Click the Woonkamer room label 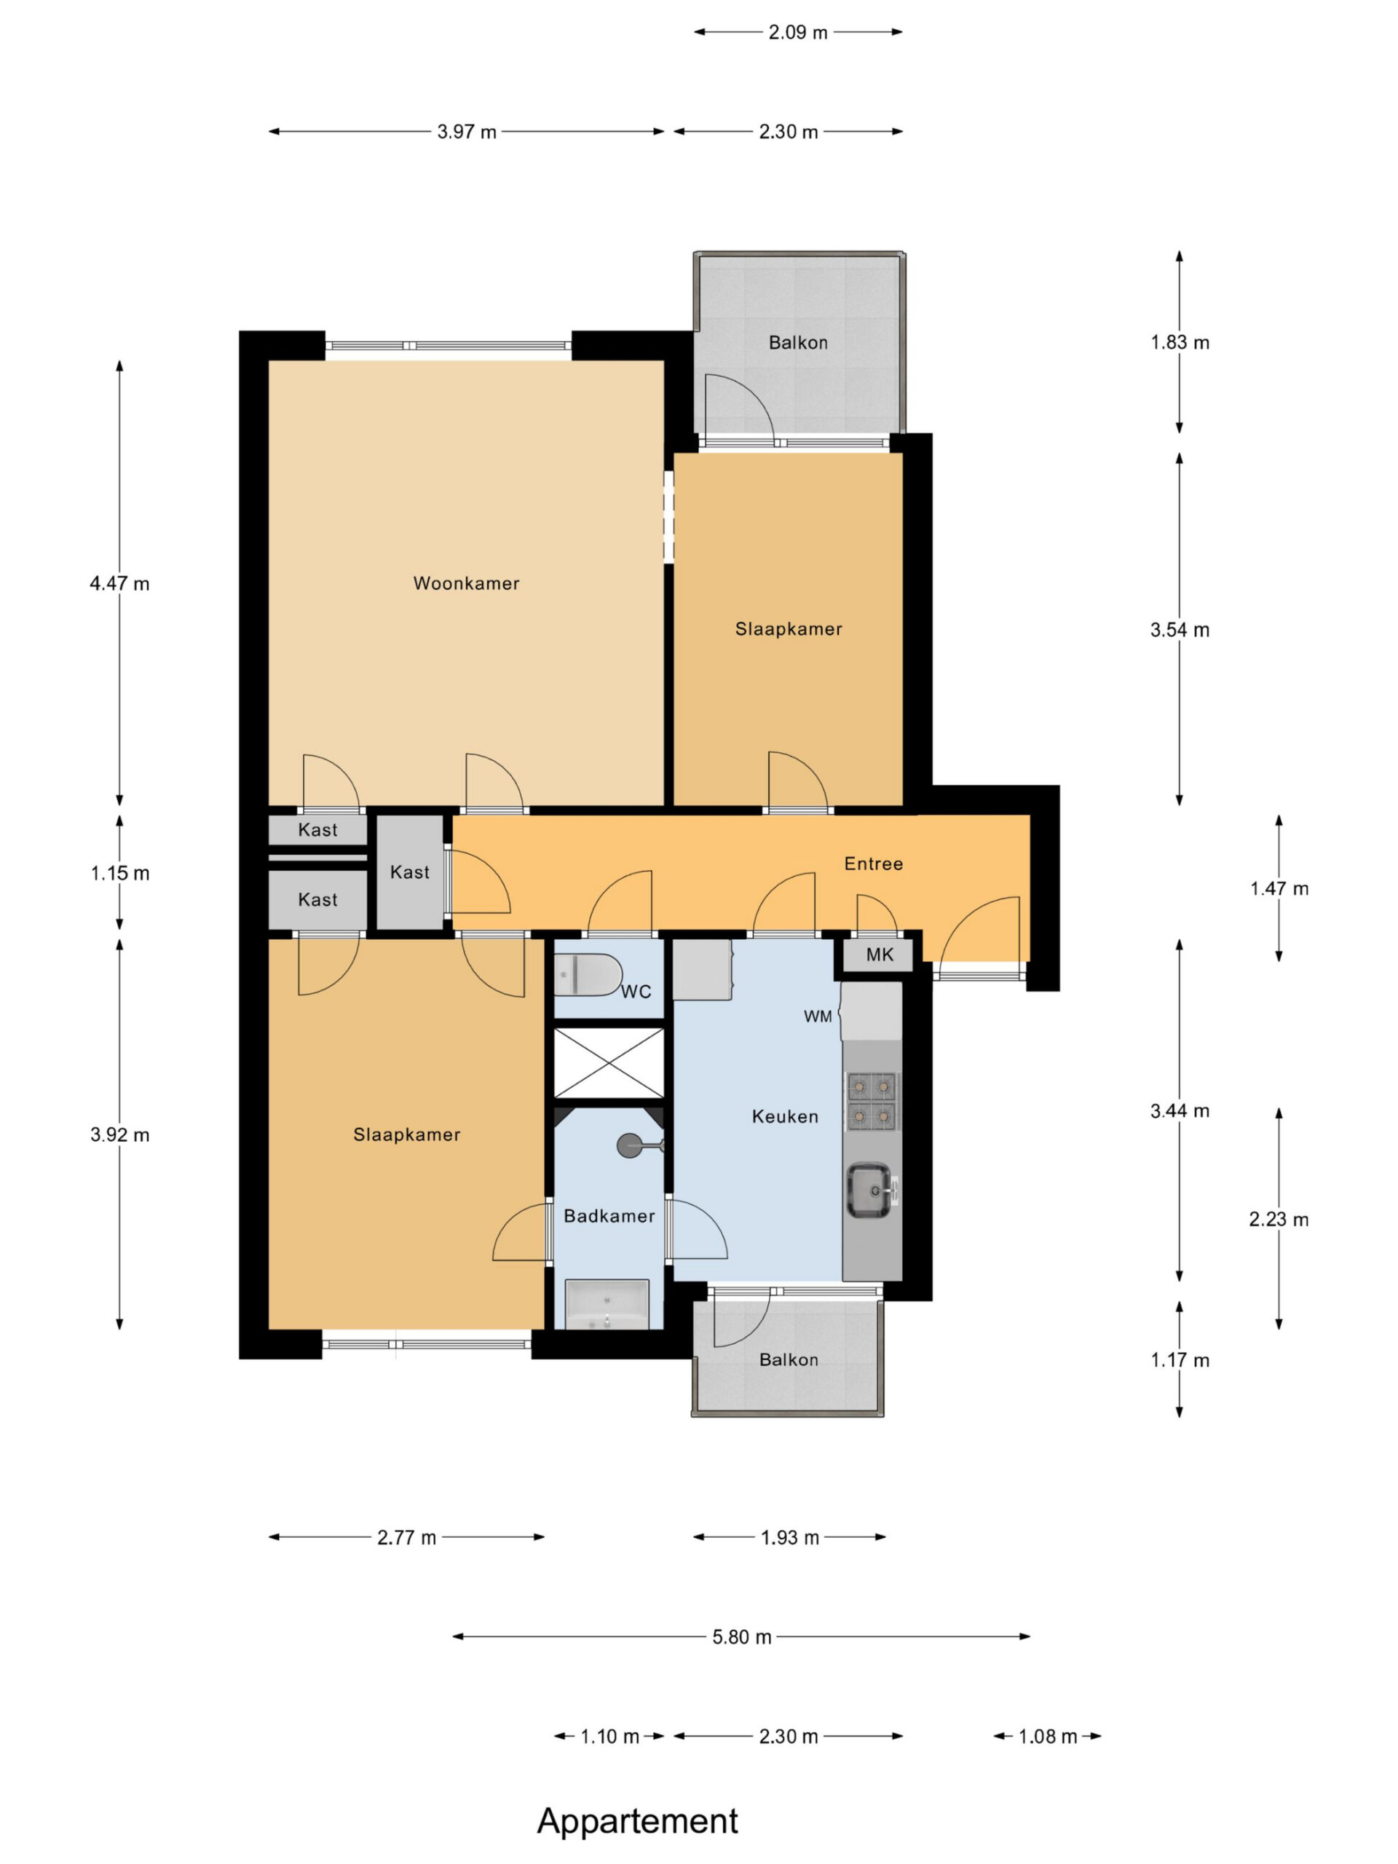coord(466,583)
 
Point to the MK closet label coord(879,955)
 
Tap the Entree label coord(873,864)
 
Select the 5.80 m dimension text coord(741,1637)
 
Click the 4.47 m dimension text coord(119,583)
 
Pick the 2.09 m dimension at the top coord(798,32)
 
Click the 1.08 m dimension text coord(1048,1736)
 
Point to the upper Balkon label coord(798,343)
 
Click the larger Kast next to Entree coord(409,872)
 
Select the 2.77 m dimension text coord(406,1537)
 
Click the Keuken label coord(784,1116)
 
